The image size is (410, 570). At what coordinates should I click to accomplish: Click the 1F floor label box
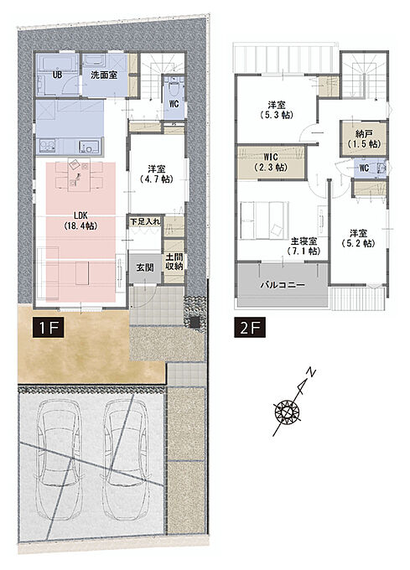click(x=48, y=328)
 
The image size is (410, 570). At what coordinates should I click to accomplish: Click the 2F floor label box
click(x=250, y=328)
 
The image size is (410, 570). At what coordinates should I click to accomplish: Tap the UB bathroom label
click(x=57, y=75)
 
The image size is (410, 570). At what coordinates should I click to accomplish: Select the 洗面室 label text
click(x=104, y=75)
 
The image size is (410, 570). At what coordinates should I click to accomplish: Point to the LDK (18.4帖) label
click(x=80, y=220)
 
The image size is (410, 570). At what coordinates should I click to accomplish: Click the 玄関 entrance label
click(x=145, y=268)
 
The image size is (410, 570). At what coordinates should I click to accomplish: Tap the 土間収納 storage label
click(x=174, y=262)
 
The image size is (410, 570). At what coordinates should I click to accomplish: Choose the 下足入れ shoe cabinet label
click(x=145, y=221)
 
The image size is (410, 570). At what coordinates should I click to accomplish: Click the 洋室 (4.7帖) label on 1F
click(x=157, y=174)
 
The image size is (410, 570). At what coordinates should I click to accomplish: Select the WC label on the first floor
click(x=174, y=104)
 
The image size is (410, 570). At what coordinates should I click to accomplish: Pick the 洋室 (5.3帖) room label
click(x=277, y=110)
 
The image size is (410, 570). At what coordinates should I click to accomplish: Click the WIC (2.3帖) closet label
click(x=271, y=163)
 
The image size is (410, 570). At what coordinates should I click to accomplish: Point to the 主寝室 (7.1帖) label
click(x=304, y=246)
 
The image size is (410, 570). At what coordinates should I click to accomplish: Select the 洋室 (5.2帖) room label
click(x=358, y=238)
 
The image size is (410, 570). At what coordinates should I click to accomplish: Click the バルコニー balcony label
click(x=283, y=285)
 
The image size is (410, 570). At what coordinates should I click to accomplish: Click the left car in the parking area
click(x=60, y=459)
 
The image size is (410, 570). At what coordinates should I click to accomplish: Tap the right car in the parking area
click(x=126, y=459)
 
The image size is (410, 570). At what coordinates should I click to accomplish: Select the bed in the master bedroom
click(x=264, y=220)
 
